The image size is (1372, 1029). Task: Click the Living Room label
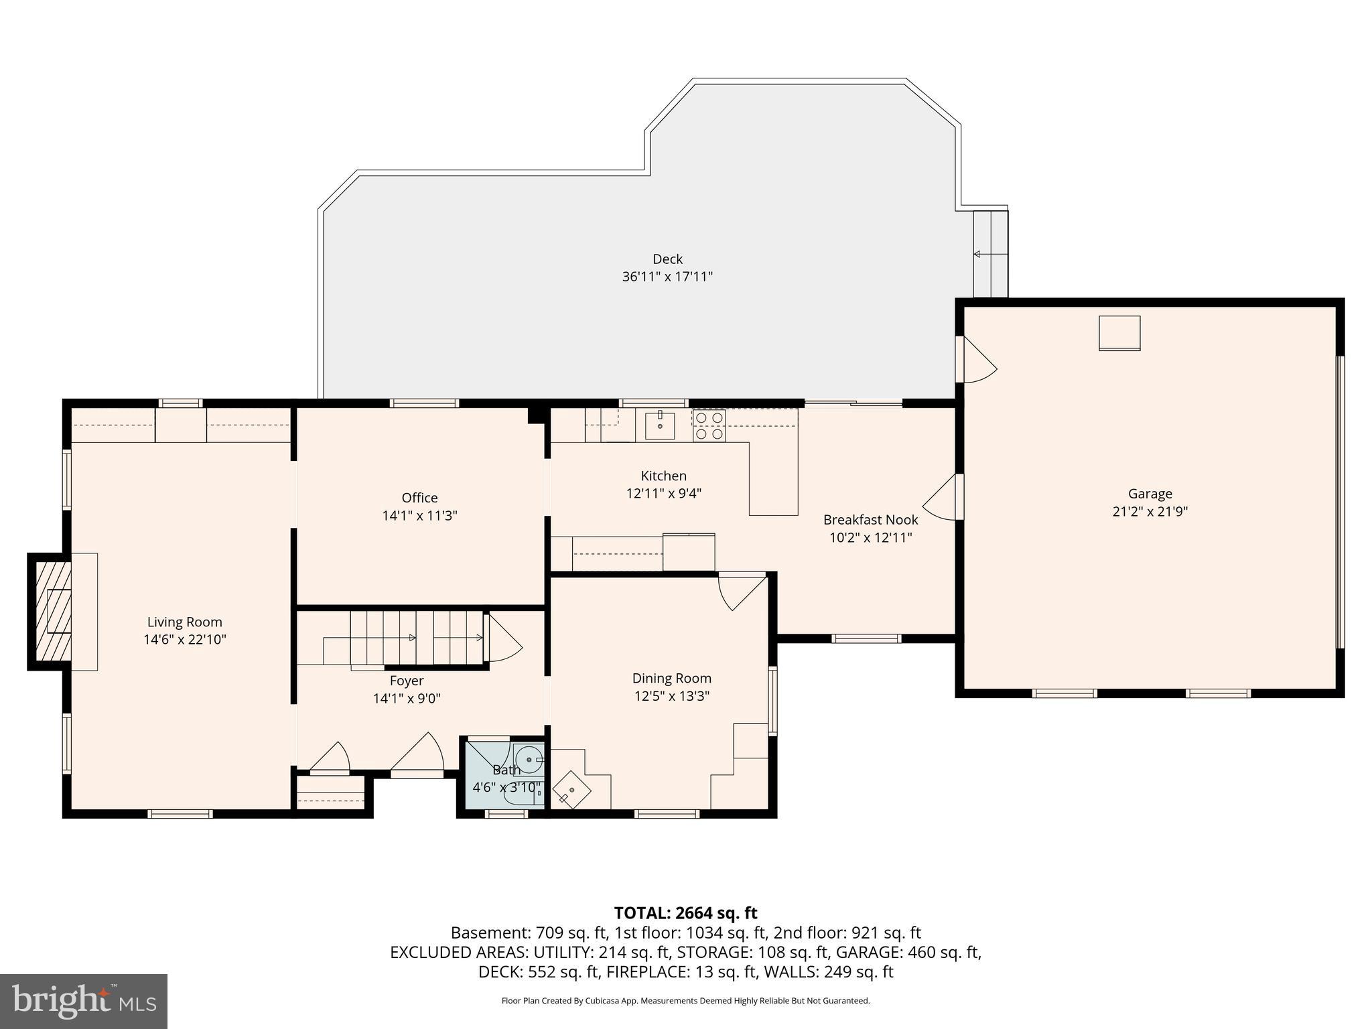(184, 622)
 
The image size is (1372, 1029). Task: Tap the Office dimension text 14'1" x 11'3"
(419, 516)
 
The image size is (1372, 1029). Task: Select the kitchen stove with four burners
(709, 425)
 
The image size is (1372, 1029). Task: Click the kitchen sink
(660, 425)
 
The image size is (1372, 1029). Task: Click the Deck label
(667, 259)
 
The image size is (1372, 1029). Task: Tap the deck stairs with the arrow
(990, 255)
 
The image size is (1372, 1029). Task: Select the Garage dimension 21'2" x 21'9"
(1150, 512)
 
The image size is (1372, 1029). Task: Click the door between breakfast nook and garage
(943, 497)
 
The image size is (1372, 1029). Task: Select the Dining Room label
(671, 678)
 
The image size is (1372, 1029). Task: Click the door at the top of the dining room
(740, 590)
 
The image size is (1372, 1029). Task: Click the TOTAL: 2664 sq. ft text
(685, 912)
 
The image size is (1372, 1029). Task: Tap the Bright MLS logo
(84, 1002)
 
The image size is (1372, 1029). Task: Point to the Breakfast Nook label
(870, 519)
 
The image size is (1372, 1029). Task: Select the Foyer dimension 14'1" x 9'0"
(407, 699)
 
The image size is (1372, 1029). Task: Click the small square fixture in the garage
(1119, 333)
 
